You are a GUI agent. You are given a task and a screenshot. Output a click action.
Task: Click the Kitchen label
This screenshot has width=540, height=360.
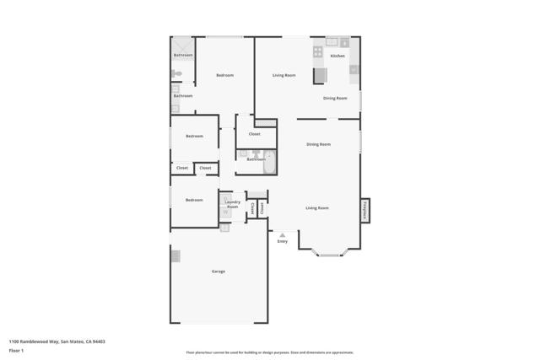(x=337, y=56)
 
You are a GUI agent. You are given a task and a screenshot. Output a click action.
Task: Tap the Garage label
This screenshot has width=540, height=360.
(x=218, y=271)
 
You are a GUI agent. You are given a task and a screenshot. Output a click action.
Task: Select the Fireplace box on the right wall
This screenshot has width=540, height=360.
(x=364, y=210)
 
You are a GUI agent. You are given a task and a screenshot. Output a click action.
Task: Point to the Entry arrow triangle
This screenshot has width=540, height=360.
(x=282, y=235)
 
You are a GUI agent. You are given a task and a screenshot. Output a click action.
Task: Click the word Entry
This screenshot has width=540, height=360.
(x=282, y=242)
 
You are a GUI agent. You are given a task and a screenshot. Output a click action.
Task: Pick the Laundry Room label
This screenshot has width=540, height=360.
(x=233, y=204)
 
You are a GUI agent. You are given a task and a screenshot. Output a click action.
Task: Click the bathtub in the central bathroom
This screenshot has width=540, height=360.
(x=269, y=160)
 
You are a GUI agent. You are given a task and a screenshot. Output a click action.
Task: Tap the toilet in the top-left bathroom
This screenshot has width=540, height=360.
(x=177, y=74)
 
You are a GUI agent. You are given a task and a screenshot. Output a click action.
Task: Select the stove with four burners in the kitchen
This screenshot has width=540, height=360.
(x=318, y=51)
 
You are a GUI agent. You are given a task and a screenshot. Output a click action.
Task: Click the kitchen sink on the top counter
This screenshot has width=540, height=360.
(x=332, y=40)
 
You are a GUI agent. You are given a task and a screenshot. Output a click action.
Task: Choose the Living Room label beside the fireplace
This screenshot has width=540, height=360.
(x=317, y=207)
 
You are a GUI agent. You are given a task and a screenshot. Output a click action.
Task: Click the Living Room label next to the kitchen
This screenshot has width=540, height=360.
(x=283, y=75)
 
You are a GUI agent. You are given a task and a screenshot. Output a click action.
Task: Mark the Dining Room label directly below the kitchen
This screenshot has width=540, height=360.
(x=335, y=98)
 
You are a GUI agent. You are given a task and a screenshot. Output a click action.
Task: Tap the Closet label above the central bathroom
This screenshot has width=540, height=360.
(x=254, y=134)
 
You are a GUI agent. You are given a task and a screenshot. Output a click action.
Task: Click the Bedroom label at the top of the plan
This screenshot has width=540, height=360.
(x=224, y=75)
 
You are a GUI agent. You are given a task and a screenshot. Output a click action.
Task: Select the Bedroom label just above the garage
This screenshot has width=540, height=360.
(x=194, y=200)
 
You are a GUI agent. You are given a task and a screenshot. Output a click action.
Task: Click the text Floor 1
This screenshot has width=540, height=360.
(x=15, y=349)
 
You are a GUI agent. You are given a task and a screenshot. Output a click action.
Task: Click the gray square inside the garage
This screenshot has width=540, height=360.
(x=175, y=256)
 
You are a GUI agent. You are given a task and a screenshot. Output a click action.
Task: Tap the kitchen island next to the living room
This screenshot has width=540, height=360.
(x=320, y=76)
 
